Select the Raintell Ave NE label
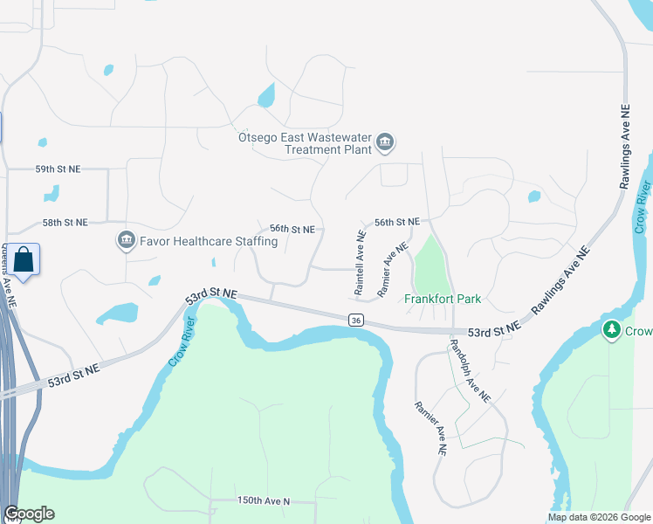[359, 261]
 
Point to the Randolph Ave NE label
[470, 371]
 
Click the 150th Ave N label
[263, 501]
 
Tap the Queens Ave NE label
[8, 277]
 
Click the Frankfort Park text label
[443, 299]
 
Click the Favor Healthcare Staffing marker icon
[126, 239]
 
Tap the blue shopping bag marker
[24, 260]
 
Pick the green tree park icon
[612, 331]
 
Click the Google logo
[29, 514]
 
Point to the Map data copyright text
[599, 517]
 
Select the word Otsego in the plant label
[258, 137]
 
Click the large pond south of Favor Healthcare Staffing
[116, 313]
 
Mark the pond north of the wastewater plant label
[266, 94]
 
